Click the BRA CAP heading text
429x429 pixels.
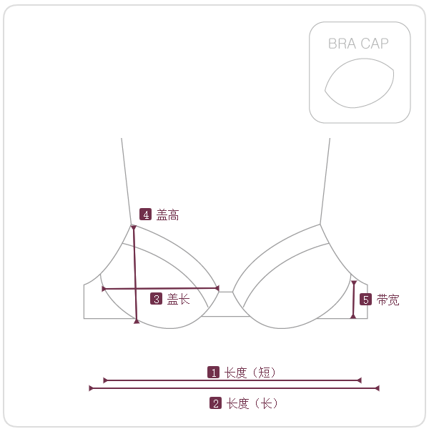358,44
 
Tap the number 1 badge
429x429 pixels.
213,373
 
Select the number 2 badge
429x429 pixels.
216,403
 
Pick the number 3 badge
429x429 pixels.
156,299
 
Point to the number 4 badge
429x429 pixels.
146,214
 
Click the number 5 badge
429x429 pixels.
366,300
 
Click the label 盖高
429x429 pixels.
167,214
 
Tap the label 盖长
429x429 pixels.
178,299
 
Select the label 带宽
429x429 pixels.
388,300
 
